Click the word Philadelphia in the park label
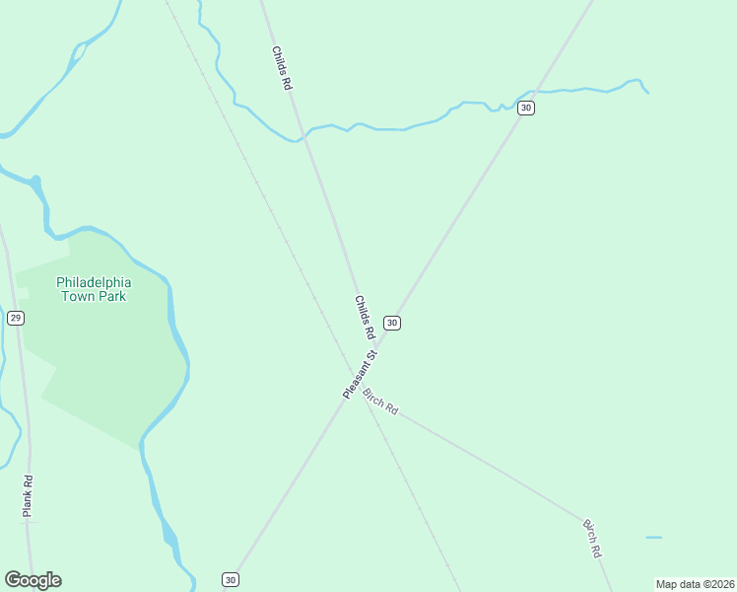94,281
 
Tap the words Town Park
94,295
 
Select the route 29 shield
15,318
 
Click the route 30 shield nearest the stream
526,107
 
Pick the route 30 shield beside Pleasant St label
392,323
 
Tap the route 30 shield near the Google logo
230,579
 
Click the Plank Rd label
29,496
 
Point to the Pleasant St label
361,374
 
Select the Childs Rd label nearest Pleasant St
365,318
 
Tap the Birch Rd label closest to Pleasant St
379,402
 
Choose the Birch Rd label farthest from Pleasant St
592,539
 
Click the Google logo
33,580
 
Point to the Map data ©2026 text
696,584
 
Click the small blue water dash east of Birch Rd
654,537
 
